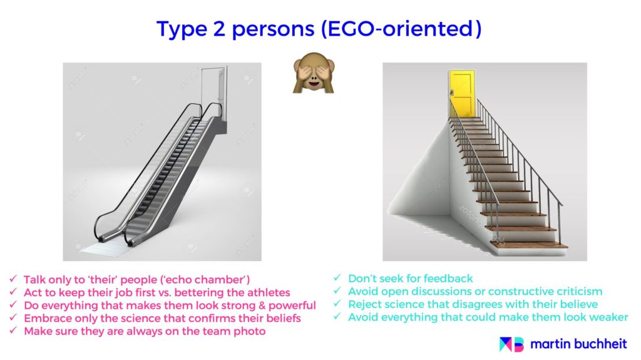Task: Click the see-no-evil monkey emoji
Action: pos(314,73)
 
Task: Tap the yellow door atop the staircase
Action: pos(463,94)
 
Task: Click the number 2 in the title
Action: pos(218,29)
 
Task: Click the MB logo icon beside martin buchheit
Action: pos(511,344)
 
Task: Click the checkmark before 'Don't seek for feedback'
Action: pos(337,278)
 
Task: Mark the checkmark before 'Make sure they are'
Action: pos(13,330)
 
